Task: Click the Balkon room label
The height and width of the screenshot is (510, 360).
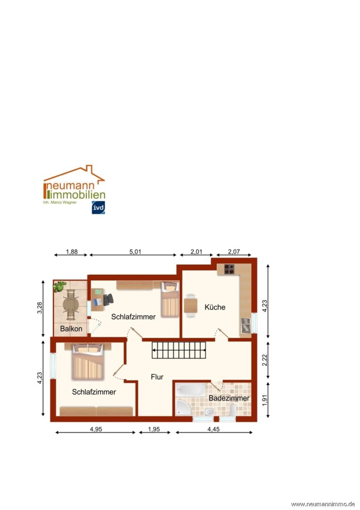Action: click(x=71, y=329)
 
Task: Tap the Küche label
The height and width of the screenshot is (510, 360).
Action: click(x=215, y=307)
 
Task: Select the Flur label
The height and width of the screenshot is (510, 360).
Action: click(x=157, y=377)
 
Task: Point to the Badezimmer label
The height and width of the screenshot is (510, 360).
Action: click(x=229, y=398)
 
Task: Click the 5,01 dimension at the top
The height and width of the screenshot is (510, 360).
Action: click(x=135, y=252)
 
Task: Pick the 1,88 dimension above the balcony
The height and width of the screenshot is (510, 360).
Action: click(x=72, y=252)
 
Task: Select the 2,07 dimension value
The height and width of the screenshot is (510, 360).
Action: click(x=234, y=252)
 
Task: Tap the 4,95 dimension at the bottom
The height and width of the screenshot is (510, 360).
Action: click(x=96, y=429)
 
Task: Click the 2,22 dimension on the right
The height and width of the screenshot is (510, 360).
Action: click(x=265, y=360)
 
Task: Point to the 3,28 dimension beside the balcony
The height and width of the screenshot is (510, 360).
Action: click(x=40, y=308)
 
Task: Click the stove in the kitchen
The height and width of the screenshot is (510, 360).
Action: click(x=229, y=269)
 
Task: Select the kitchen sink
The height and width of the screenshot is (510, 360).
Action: click(x=246, y=325)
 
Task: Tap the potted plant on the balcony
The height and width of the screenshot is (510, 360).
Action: click(x=59, y=287)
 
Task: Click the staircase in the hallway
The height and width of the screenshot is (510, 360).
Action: click(x=179, y=350)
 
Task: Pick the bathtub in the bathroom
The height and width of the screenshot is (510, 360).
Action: click(x=191, y=389)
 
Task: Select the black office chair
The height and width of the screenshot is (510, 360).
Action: click(x=109, y=299)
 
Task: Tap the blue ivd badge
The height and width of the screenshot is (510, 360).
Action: click(x=98, y=207)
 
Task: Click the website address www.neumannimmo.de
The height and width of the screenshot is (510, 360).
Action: click(x=323, y=504)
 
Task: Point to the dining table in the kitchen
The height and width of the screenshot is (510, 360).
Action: click(x=191, y=306)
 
